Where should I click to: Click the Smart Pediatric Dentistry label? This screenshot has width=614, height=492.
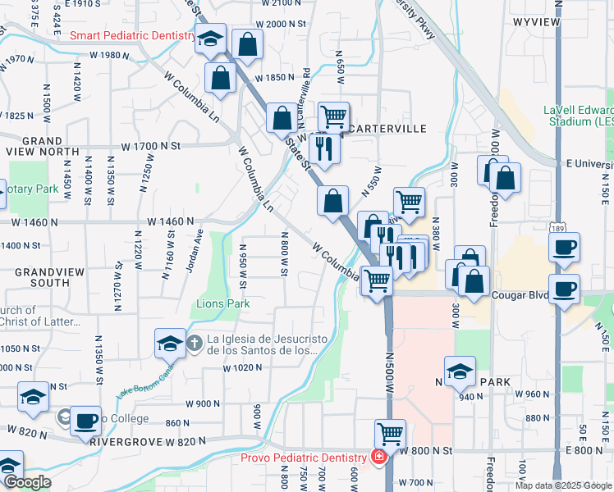tap(132, 36)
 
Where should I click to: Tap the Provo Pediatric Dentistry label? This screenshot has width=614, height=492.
tap(303, 458)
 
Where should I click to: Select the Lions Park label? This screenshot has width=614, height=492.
tap(222, 304)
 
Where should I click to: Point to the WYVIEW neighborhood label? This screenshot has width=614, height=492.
tap(538, 21)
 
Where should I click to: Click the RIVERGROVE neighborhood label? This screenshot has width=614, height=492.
tap(124, 441)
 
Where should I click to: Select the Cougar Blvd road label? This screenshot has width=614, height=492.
tap(519, 294)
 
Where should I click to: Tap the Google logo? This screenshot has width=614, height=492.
tap(27, 482)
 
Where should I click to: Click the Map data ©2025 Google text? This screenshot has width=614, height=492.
tap(563, 485)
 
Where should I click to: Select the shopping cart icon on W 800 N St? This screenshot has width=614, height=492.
tap(391, 432)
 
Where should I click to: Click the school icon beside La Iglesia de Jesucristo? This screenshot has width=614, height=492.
tap(169, 342)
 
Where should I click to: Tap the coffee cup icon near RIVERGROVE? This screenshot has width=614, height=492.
tap(85, 421)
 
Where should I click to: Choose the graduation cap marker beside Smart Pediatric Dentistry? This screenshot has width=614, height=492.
tap(210, 39)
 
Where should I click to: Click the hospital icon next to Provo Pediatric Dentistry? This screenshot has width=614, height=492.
tap(379, 458)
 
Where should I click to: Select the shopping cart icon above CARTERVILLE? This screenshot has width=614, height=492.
tap(333, 116)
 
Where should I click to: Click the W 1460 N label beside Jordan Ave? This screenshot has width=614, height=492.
tap(172, 221)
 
